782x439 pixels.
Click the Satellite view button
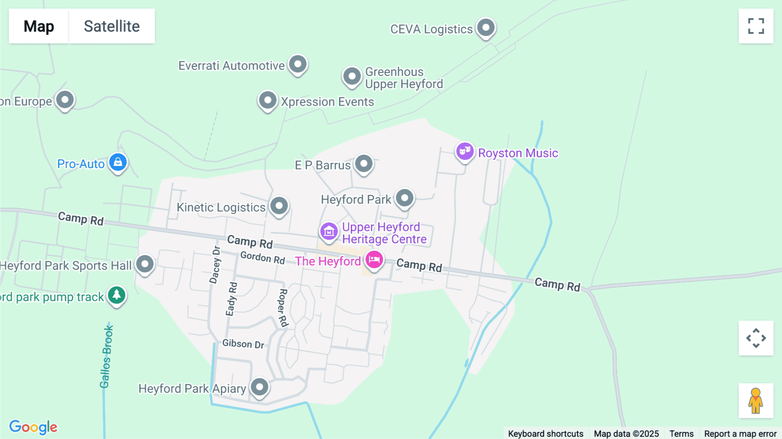pos(112,26)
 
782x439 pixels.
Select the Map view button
pos(39,26)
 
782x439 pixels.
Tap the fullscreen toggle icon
pos(756,26)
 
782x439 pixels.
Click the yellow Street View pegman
pos(756,401)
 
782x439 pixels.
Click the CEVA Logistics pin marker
pos(486,28)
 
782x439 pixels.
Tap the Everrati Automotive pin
pos(298,65)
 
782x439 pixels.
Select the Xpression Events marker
pos(268,101)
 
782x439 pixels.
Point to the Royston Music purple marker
pos(465,152)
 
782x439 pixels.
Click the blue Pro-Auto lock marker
pos(118,163)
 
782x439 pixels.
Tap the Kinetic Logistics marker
pos(279,206)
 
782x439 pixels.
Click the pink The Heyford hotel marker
pos(374,260)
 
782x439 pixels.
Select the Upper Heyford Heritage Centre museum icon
pos(329,232)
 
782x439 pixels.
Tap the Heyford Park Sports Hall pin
pos(145,264)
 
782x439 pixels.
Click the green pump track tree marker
pos(116,296)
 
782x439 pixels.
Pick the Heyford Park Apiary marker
pos(260,387)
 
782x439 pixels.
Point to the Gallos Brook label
pos(106,357)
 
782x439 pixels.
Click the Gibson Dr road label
pos(243,344)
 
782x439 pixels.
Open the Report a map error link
pos(740,433)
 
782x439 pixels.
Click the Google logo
pos(33,427)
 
